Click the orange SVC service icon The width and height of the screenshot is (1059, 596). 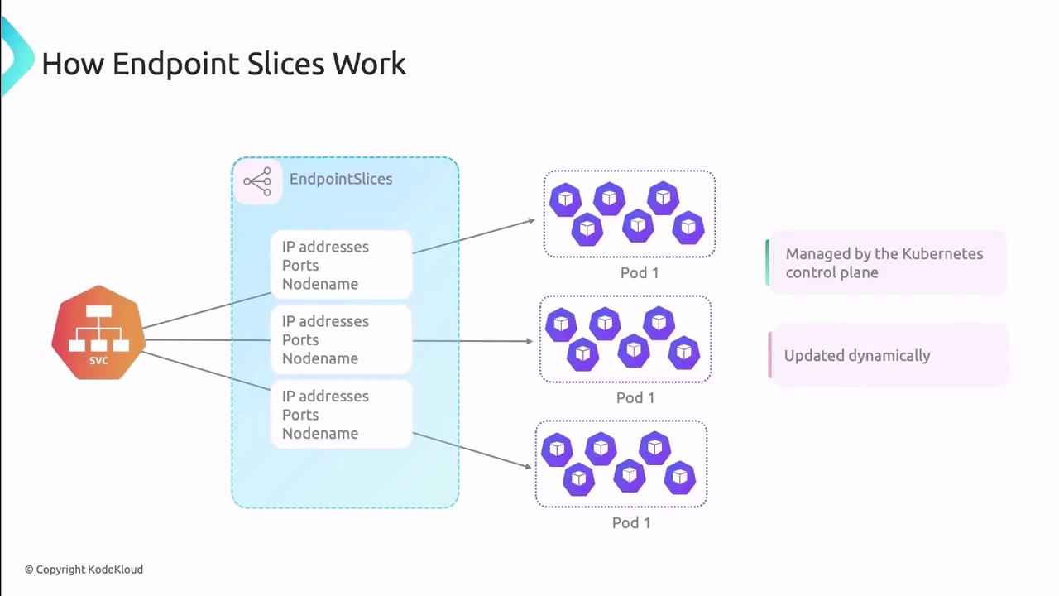(98, 333)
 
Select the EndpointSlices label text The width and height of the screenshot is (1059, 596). (340, 179)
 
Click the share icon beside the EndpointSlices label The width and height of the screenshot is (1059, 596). (257, 181)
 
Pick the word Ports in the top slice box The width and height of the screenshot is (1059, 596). (300, 265)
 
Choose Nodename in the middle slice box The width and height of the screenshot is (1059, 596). (320, 358)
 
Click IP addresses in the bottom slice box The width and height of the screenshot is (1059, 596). (325, 396)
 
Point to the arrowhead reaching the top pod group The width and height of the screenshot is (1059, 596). (532, 220)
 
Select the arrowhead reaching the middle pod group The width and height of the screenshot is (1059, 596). (529, 341)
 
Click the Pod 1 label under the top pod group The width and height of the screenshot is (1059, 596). (640, 272)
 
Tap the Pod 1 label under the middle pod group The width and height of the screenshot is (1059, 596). (635, 397)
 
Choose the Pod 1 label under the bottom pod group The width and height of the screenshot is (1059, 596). (631, 522)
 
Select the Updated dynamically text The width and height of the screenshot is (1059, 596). (857, 355)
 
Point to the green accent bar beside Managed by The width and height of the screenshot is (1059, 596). (768, 262)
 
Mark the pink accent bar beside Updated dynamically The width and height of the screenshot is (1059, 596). (770, 355)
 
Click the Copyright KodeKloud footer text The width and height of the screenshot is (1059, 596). (84, 570)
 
